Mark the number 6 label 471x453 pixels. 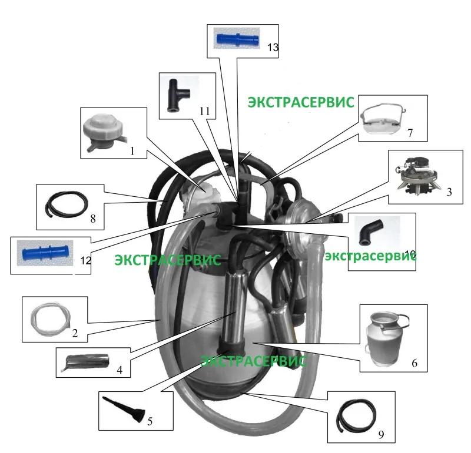(414, 364)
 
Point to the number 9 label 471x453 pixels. (380, 435)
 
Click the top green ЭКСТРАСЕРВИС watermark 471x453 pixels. (300, 102)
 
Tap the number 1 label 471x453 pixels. (132, 151)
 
